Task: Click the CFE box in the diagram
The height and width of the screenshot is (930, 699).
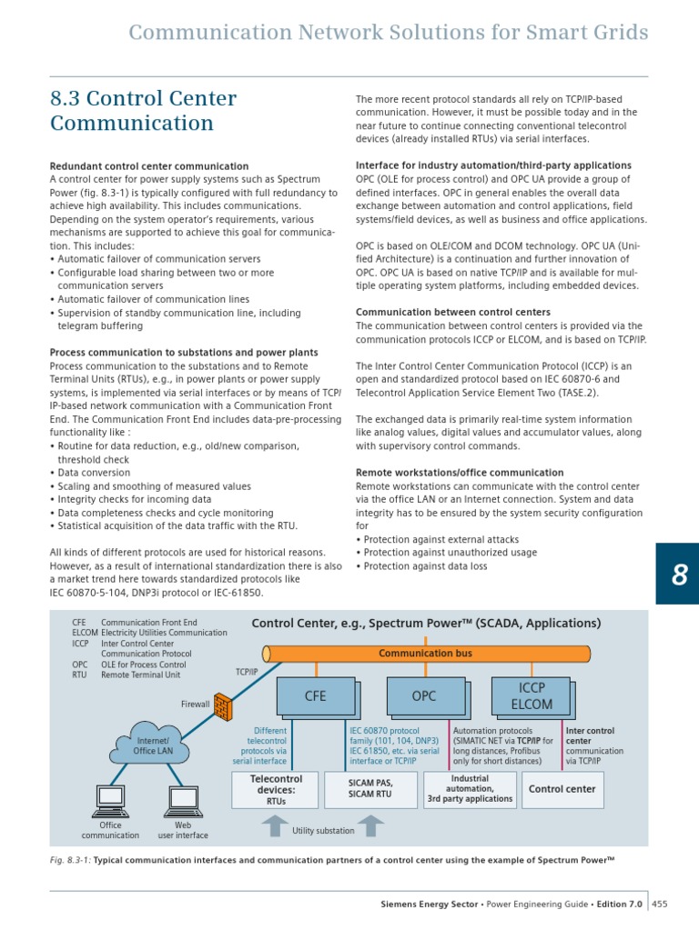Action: [314, 696]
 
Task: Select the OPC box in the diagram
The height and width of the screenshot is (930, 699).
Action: [424, 696]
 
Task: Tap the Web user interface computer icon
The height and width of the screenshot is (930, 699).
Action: [183, 800]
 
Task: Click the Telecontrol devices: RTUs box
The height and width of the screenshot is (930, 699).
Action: [269, 790]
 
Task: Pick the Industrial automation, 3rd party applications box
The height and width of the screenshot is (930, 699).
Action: [470, 790]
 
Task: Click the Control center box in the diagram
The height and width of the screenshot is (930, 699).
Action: [562, 790]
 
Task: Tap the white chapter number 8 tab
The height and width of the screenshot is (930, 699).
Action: [677, 574]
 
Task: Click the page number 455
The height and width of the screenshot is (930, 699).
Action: [659, 904]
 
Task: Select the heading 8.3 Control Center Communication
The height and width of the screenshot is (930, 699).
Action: [143, 111]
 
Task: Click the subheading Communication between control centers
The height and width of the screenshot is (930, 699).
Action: [452, 312]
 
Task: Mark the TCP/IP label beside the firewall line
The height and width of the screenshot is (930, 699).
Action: [248, 673]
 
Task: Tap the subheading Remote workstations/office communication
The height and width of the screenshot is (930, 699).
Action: [459, 473]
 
